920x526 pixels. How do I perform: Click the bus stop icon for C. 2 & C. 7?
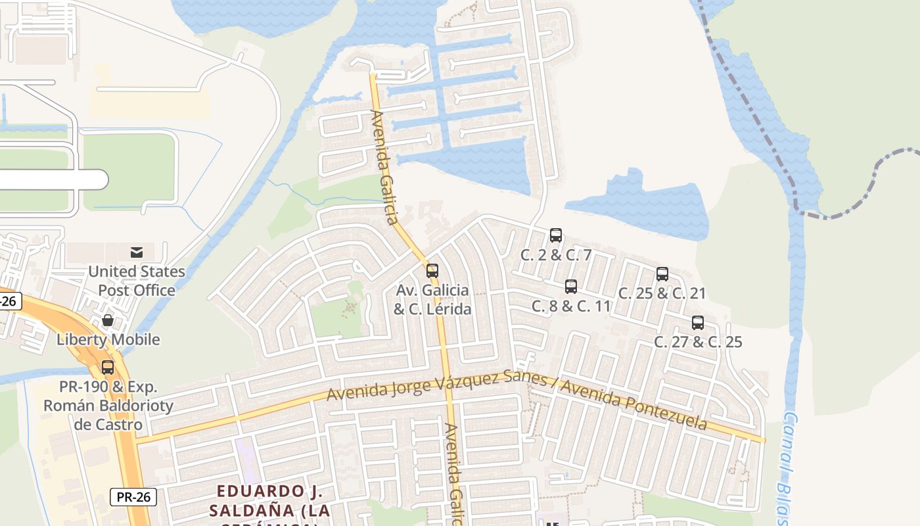click(556, 235)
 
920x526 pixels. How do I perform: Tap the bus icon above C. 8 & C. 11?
click(571, 287)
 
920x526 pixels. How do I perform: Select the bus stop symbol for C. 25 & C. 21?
click(662, 274)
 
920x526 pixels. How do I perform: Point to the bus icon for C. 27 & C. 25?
click(698, 323)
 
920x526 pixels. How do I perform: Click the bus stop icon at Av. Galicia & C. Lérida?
click(432, 271)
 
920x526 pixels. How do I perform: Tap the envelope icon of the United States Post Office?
click(137, 252)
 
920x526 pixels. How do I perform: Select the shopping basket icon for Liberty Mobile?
click(108, 321)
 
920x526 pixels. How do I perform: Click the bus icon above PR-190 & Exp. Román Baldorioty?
click(108, 368)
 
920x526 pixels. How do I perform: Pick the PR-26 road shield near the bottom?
click(133, 497)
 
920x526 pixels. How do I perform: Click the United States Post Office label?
click(137, 281)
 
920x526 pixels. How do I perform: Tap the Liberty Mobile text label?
click(108, 340)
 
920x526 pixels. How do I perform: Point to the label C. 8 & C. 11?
click(571, 306)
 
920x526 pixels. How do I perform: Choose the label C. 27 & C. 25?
click(698, 342)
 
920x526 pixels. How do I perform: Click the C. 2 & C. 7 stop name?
click(556, 255)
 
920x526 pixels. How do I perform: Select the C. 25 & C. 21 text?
click(662, 293)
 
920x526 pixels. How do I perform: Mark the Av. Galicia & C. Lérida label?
click(432, 299)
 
